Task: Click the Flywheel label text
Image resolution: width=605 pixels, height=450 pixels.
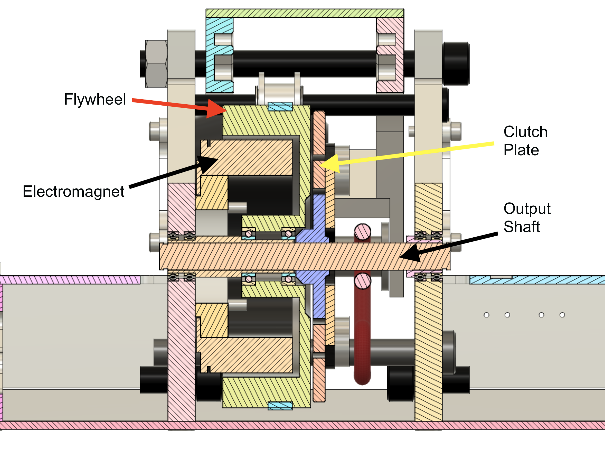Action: click(95, 99)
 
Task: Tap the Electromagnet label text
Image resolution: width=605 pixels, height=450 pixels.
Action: click(74, 191)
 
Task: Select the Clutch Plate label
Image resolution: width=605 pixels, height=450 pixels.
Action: click(525, 141)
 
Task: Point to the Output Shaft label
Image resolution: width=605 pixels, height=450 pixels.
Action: click(527, 218)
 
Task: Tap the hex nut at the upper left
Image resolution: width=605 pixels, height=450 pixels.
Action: click(156, 64)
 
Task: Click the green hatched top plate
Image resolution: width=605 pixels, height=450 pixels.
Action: click(305, 13)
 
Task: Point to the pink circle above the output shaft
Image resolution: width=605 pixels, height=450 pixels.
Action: click(362, 232)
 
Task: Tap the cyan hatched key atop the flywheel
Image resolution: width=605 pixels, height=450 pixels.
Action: click(280, 106)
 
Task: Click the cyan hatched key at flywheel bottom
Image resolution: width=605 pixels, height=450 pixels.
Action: click(280, 406)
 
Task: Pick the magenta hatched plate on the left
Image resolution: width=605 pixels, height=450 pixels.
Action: click(70, 280)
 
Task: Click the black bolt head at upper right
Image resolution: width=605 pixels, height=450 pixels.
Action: click(456, 63)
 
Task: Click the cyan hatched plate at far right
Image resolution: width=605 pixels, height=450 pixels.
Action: click(537, 280)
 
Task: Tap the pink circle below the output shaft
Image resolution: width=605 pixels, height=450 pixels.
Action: click(362, 281)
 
